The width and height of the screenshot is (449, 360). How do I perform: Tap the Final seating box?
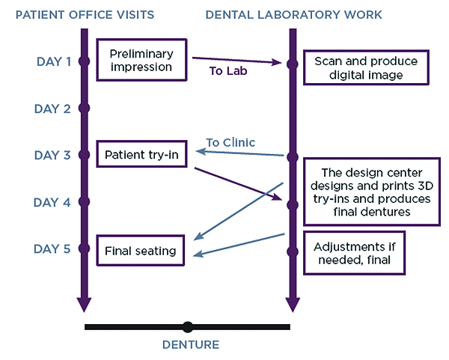[x=140, y=251]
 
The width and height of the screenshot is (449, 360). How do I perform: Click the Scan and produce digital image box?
[x=366, y=67]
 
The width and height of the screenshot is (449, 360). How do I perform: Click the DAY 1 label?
[x=53, y=61]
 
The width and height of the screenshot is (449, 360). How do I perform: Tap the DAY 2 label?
[x=53, y=109]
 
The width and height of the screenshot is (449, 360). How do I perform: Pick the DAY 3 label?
[x=53, y=155]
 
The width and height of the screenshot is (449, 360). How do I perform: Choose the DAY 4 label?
[x=53, y=202]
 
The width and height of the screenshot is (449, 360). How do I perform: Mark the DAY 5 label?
[x=53, y=248]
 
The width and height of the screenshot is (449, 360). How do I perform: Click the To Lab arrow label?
[x=229, y=73]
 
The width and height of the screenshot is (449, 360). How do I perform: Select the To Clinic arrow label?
[x=230, y=142]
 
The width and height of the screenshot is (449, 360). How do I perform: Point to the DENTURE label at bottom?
[x=191, y=345]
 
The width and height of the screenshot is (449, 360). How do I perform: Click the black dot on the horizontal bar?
[x=188, y=327]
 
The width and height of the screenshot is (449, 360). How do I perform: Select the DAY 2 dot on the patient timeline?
[x=84, y=109]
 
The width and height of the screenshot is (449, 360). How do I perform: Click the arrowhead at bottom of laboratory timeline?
[x=293, y=304]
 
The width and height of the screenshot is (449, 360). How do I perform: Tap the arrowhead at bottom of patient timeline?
[x=84, y=304]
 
